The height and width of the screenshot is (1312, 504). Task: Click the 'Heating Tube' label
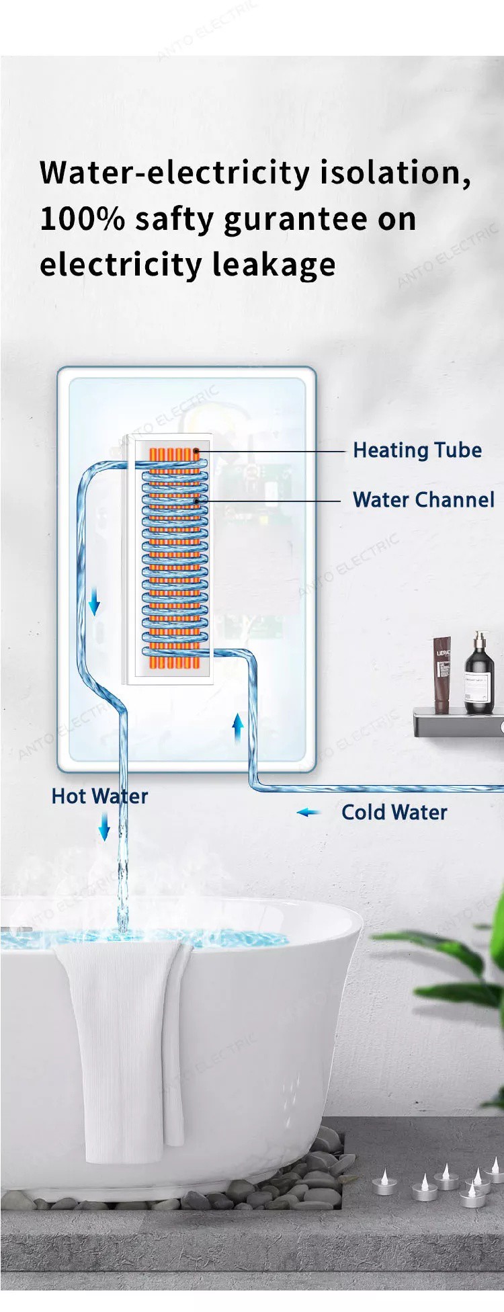(417, 450)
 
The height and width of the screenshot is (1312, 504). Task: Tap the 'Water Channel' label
(423, 500)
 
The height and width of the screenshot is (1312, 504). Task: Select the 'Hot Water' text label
(99, 796)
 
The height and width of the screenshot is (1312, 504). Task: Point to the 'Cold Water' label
(394, 813)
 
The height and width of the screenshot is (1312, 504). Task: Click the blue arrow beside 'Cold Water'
(308, 813)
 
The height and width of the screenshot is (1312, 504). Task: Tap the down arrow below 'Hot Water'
(104, 825)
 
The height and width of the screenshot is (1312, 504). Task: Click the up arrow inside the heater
(237, 728)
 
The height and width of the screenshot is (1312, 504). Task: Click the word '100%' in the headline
(82, 219)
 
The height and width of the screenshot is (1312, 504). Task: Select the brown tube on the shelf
(442, 674)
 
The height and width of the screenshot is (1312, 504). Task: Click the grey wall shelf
(457, 723)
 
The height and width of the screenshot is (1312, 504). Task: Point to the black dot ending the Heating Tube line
(196, 451)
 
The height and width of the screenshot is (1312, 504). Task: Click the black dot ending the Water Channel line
(196, 501)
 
